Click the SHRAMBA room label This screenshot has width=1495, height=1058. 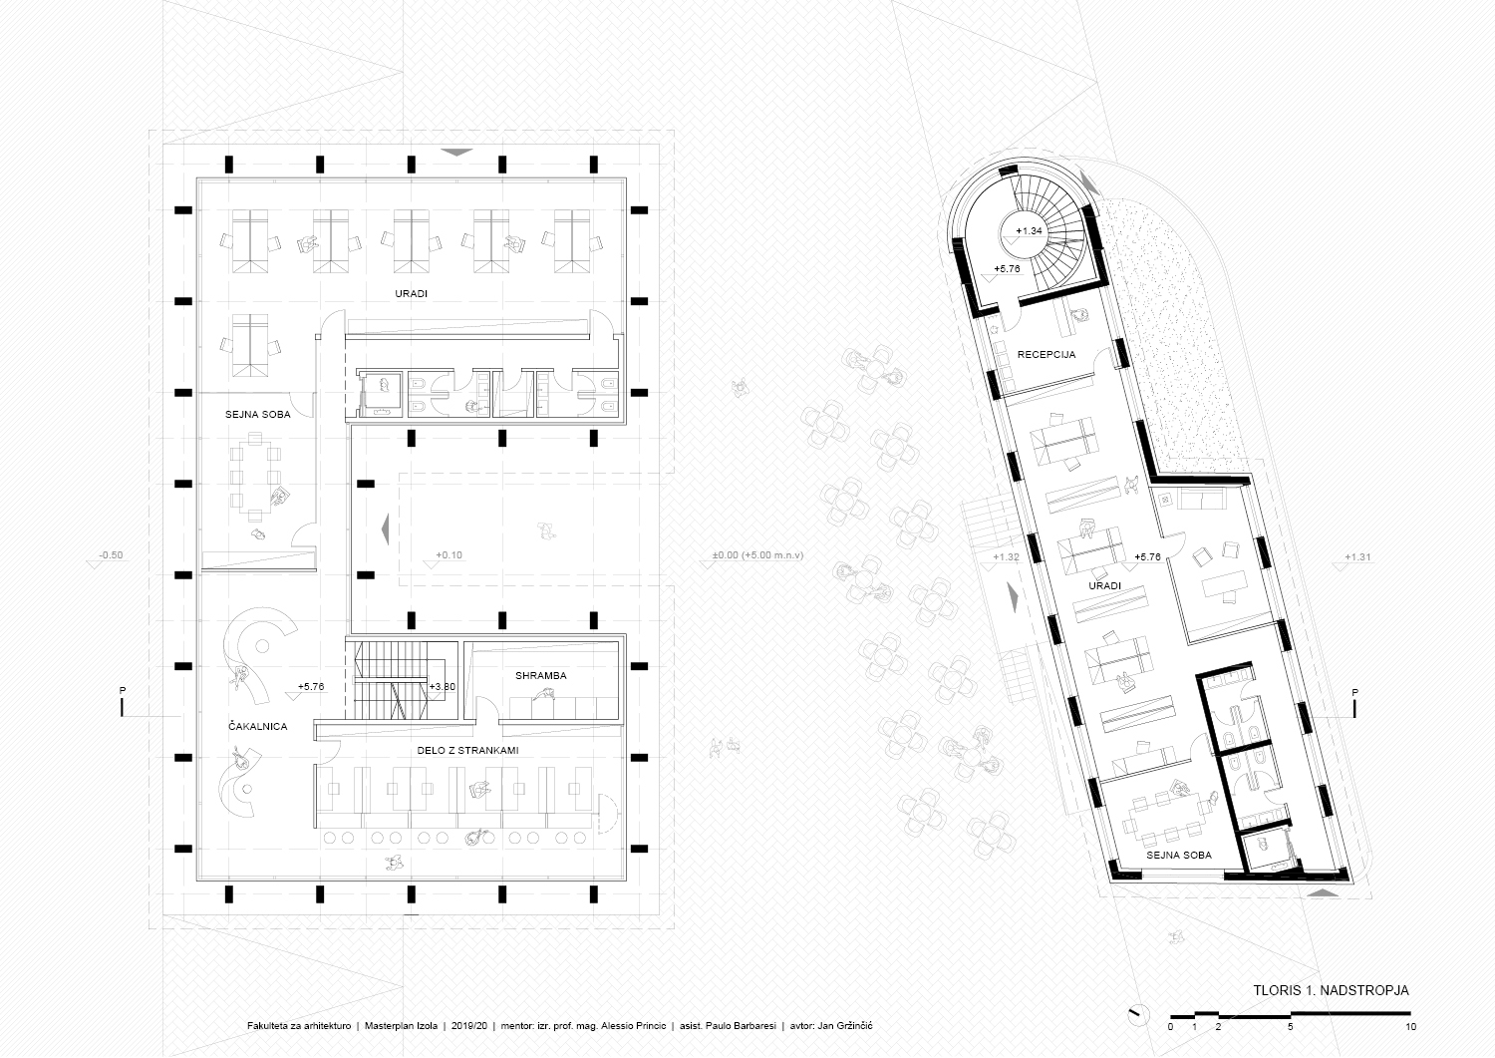[540, 676]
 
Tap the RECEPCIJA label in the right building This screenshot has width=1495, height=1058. [1046, 355]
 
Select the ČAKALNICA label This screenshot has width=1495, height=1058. [257, 726]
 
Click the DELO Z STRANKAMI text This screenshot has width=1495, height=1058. [467, 750]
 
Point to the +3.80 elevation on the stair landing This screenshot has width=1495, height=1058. [442, 687]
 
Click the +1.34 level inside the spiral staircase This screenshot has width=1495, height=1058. [1029, 231]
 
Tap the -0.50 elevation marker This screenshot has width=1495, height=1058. [111, 555]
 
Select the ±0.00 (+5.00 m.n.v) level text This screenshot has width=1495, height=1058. [757, 555]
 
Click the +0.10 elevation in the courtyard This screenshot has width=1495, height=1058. [448, 555]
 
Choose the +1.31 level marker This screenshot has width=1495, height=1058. [1357, 557]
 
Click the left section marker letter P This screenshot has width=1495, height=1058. [123, 691]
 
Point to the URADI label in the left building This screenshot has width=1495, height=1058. [411, 294]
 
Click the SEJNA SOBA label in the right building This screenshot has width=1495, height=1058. [1179, 855]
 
